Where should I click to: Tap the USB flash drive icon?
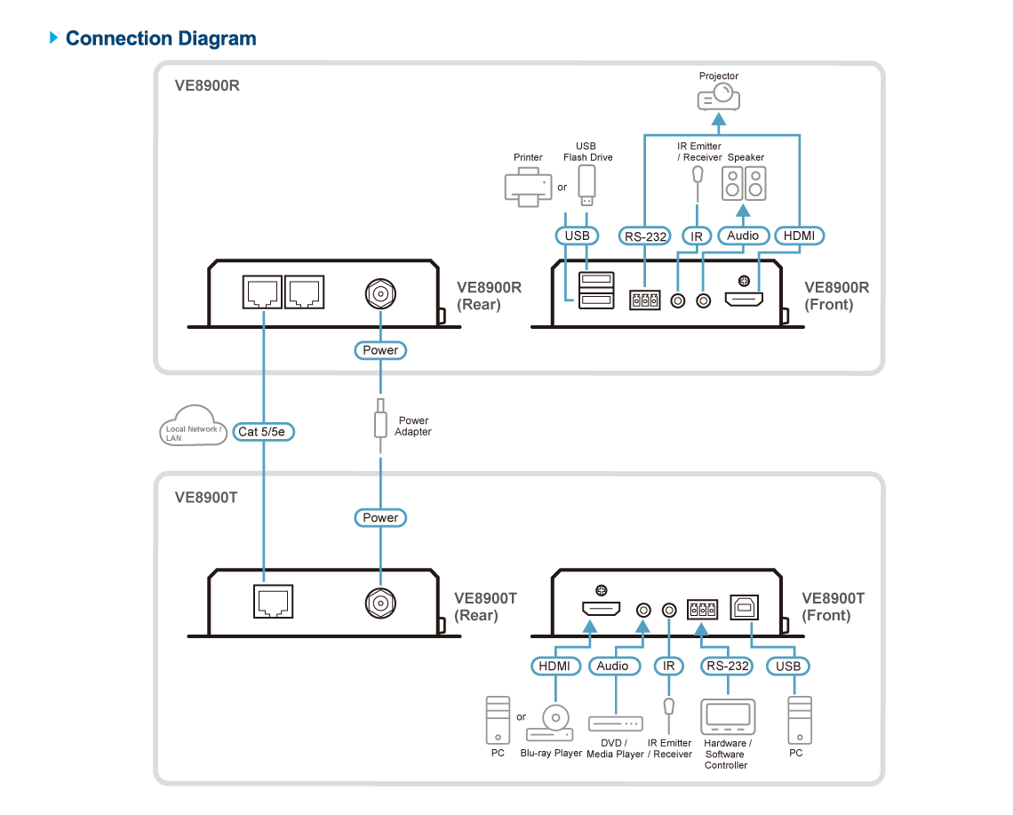tap(585, 185)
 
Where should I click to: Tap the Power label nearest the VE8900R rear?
tap(380, 350)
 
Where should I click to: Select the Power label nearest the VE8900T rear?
tap(380, 517)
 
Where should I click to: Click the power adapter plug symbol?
tap(380, 420)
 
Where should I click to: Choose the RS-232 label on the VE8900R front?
tap(644, 236)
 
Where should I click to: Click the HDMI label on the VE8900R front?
tap(799, 236)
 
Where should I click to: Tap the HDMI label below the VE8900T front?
tap(555, 666)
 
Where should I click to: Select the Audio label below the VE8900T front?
tap(612, 666)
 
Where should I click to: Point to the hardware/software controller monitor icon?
tap(728, 717)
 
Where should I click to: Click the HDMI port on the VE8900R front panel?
tap(744, 300)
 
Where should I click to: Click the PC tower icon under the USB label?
tap(799, 720)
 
